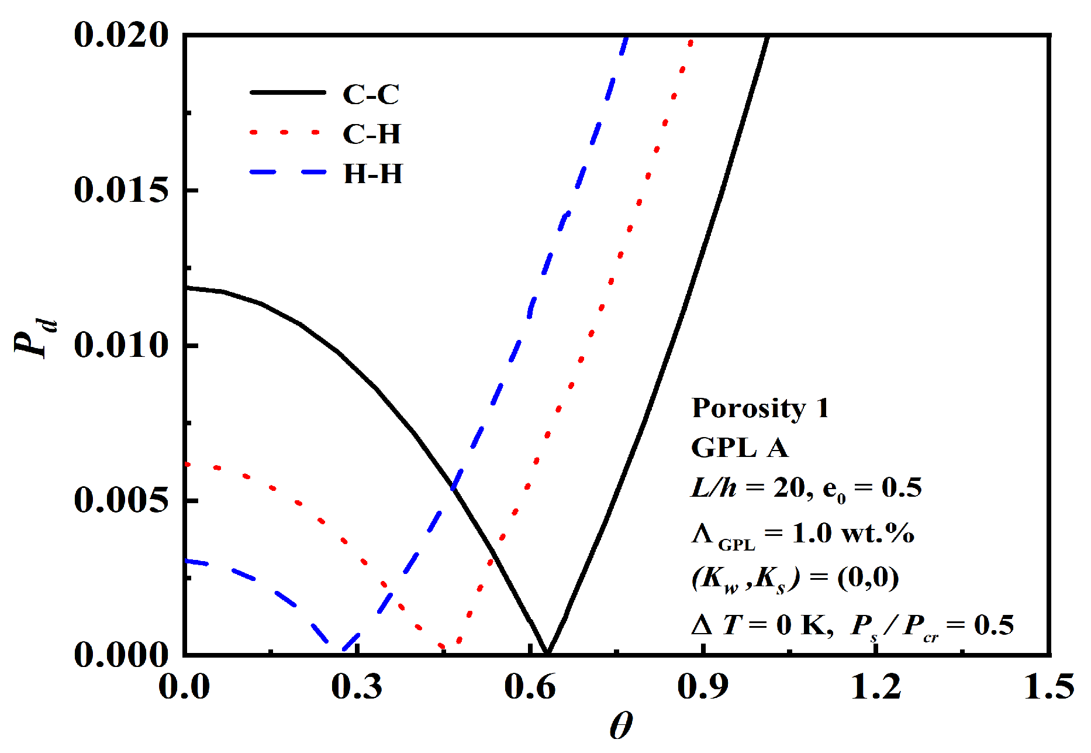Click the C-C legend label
pyautogui.click(x=371, y=94)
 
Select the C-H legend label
pyautogui.click(x=372, y=134)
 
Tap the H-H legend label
pyautogui.click(x=373, y=174)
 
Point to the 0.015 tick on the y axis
pyautogui.click(x=121, y=191)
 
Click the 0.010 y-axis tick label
pyautogui.click(x=121, y=345)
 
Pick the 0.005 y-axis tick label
pyautogui.click(x=121, y=500)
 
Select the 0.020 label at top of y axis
pyautogui.click(x=121, y=35)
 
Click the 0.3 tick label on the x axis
pyautogui.click(x=357, y=687)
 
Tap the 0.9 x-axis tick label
pyautogui.click(x=703, y=687)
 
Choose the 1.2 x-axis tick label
pyautogui.click(x=876, y=687)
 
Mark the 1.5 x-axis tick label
pyautogui.click(x=1049, y=687)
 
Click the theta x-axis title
pyautogui.click(x=621, y=727)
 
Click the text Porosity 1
pyautogui.click(x=760, y=408)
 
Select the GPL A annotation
pyautogui.click(x=740, y=448)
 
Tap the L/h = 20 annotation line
pyautogui.click(x=806, y=488)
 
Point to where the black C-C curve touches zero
pyautogui.click(x=547, y=652)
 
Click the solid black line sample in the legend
pyautogui.click(x=288, y=92)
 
